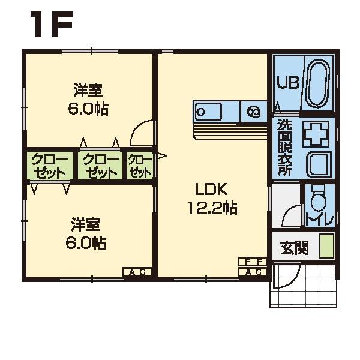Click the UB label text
tap(287, 83)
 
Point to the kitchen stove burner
tap(253, 111)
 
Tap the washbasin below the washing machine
tap(317, 163)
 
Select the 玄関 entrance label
tap(294, 247)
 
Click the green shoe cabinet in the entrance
tap(325, 246)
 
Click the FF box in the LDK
tap(252, 262)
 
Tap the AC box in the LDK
tap(252, 272)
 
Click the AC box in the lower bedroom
tap(137, 272)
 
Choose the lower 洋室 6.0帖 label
tap(86, 234)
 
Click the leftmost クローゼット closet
tap(48, 166)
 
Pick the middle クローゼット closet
tap(100, 166)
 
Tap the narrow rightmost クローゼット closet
tap(139, 166)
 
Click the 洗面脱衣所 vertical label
tap(285, 147)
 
